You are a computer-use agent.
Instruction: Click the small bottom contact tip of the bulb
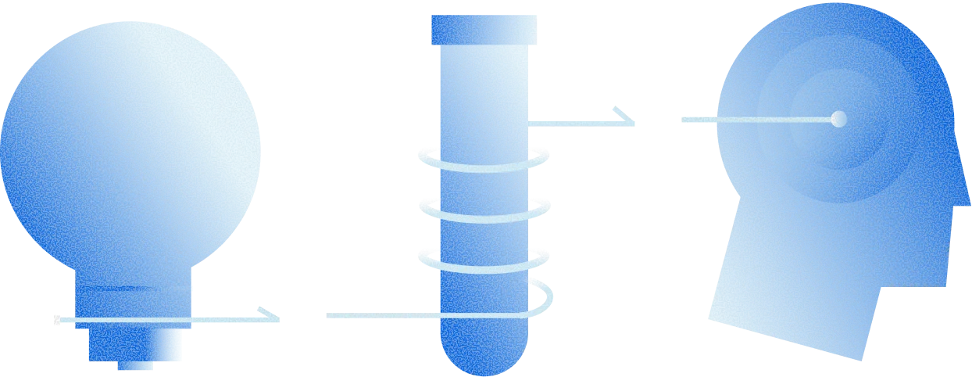134,364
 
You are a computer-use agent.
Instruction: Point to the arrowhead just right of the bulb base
270,316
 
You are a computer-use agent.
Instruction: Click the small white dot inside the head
838,119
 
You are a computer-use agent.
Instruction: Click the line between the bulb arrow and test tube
375,316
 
